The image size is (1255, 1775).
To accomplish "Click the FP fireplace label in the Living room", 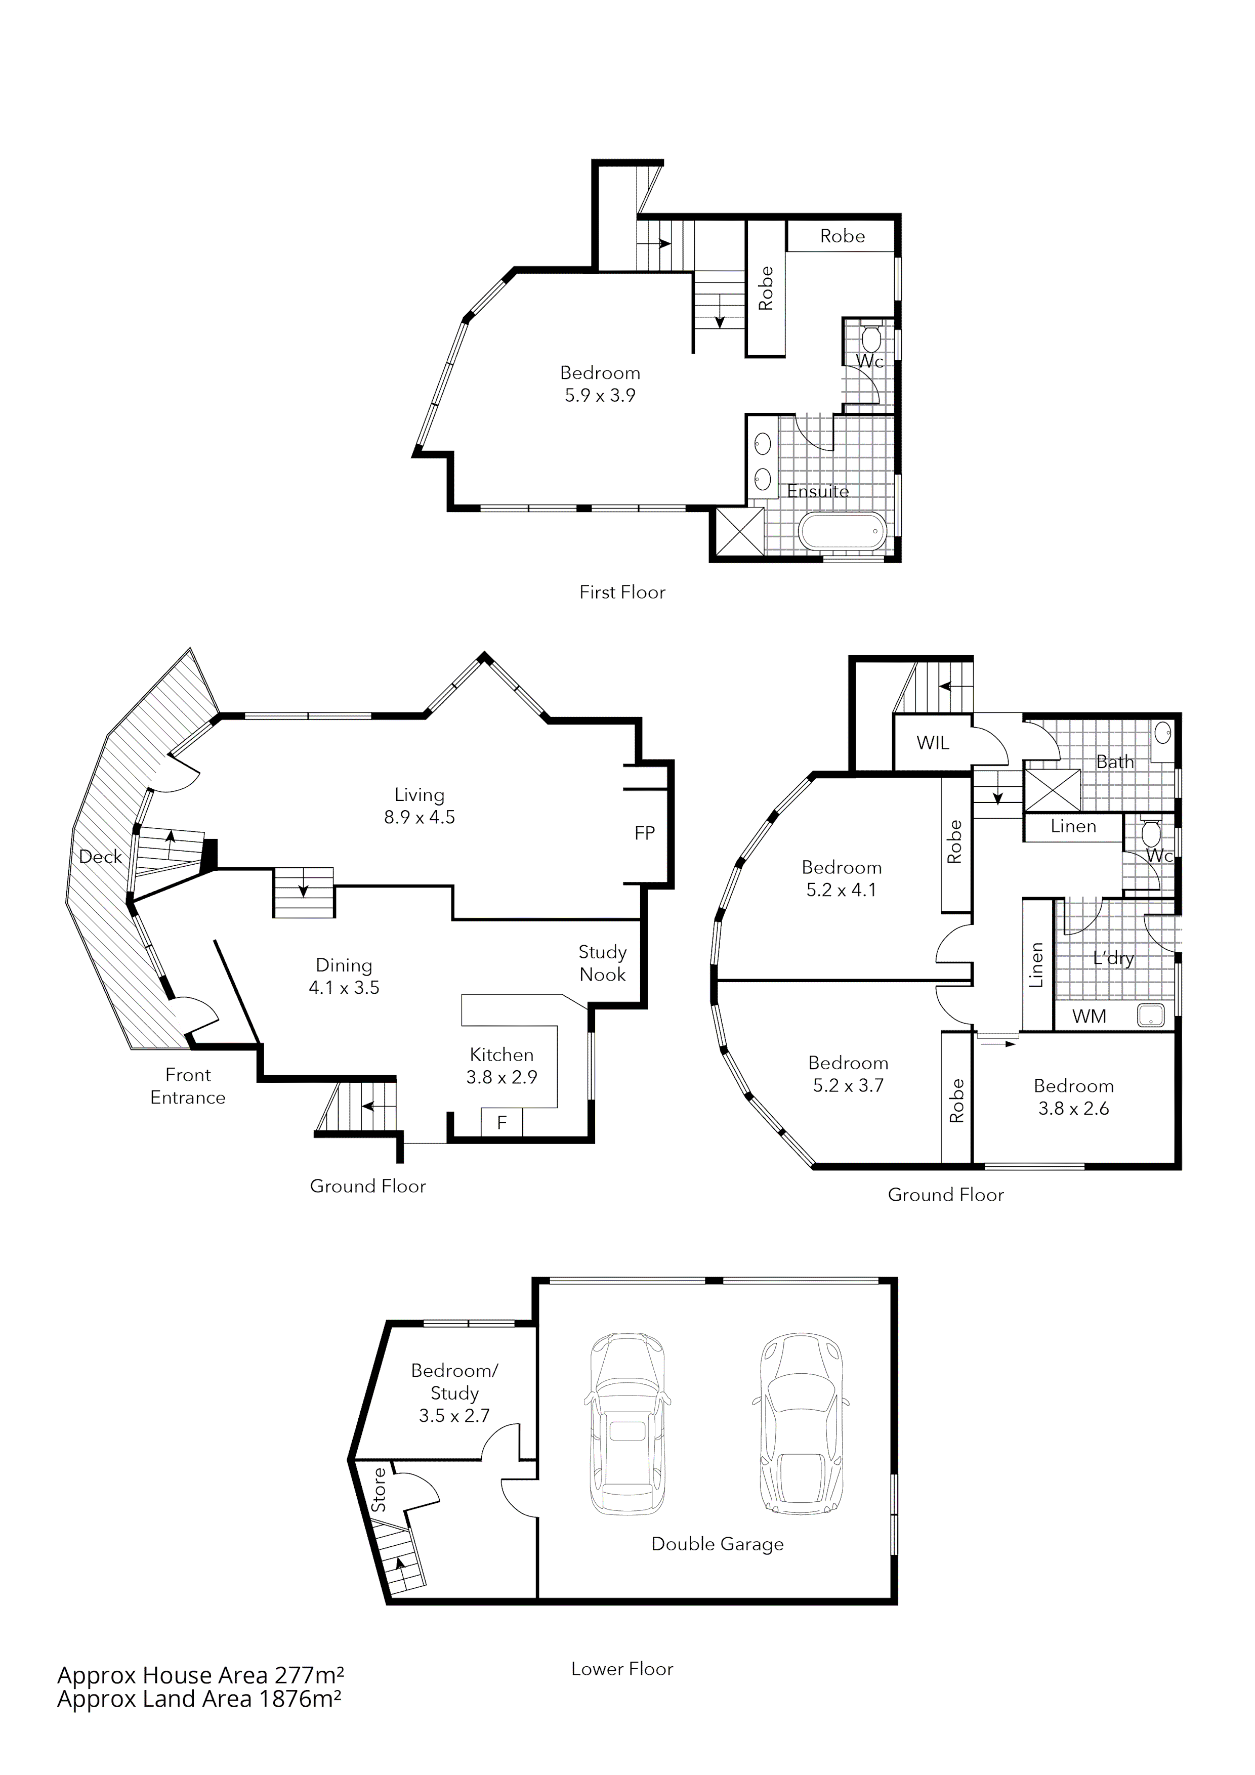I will [x=644, y=833].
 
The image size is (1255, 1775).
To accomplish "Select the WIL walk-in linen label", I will [x=933, y=743].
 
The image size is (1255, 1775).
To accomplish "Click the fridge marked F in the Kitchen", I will [x=502, y=1122].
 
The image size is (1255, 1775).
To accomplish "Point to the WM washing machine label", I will [x=1089, y=1017].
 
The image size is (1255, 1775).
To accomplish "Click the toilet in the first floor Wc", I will [x=871, y=339].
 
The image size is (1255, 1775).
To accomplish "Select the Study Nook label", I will [x=602, y=963].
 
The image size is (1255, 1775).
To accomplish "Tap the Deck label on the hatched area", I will [x=101, y=857].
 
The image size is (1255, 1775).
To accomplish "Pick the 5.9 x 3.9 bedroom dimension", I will [x=600, y=396].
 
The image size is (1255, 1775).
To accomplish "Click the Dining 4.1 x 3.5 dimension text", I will [x=344, y=987].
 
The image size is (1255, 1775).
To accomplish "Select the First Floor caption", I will [x=622, y=592].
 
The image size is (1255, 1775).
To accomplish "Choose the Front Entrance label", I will [x=188, y=1085].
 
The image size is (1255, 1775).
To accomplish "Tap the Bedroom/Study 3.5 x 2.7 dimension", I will [x=454, y=1416].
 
